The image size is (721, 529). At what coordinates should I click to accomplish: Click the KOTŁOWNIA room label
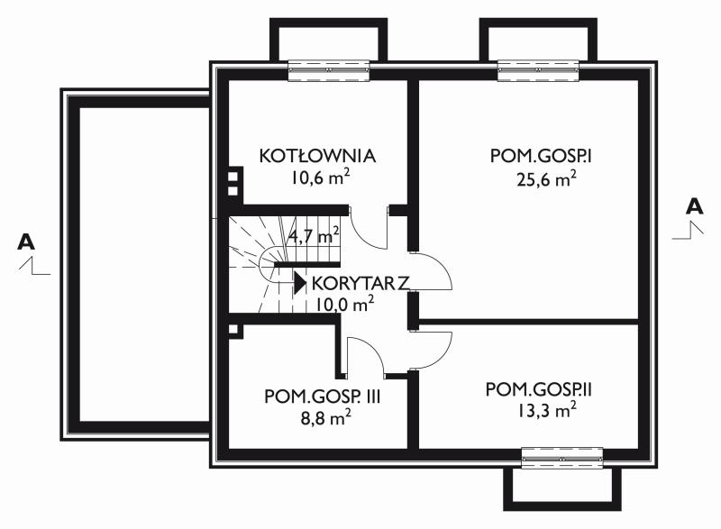point(317,156)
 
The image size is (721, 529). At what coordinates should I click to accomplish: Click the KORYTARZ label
point(360,284)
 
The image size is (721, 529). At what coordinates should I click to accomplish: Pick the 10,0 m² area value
point(344,304)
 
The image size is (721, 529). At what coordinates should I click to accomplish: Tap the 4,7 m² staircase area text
point(315,236)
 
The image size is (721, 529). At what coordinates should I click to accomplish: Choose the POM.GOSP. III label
point(323,397)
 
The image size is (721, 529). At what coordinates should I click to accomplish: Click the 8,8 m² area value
point(324,418)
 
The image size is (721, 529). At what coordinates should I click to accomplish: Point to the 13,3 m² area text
point(547,410)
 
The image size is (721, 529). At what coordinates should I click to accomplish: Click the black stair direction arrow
point(300,283)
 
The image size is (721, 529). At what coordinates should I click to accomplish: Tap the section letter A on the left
point(26,242)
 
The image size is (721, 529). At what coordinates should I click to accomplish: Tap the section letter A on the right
point(694,206)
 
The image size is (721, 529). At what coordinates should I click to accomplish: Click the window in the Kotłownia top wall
point(329,70)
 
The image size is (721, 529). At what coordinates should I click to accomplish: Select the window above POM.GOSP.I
point(538,70)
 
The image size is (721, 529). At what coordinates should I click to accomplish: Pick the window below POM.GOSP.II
point(562,458)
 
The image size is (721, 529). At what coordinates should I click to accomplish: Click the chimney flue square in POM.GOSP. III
point(233,330)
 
